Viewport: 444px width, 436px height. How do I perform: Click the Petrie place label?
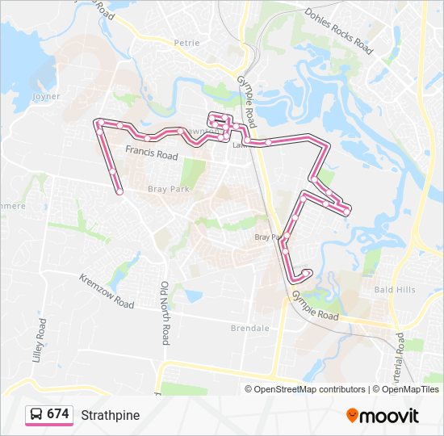(x=186, y=43)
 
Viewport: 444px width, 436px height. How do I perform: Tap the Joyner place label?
(x=47, y=95)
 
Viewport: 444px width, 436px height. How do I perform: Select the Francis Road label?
(x=151, y=151)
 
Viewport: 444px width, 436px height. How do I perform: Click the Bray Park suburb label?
(x=166, y=189)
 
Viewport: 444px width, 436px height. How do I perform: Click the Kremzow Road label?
(x=107, y=291)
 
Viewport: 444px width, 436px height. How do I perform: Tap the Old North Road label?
(x=164, y=313)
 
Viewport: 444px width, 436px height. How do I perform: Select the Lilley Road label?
(x=41, y=338)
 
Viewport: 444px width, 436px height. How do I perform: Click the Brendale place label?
(x=249, y=329)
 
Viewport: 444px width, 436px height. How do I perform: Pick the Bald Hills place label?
(x=395, y=288)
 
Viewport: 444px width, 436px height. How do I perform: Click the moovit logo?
(x=383, y=416)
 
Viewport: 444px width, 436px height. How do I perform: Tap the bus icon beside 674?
(x=36, y=414)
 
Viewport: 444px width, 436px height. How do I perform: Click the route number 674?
(x=58, y=414)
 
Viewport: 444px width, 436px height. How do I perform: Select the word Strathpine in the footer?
(x=110, y=415)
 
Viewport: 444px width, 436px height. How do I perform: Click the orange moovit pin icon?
(x=352, y=415)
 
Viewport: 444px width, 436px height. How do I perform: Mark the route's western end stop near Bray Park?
(x=119, y=191)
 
